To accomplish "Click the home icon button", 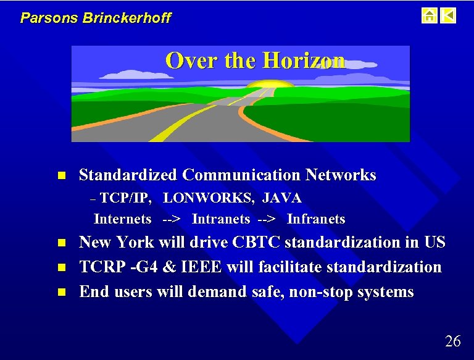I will point(429,15).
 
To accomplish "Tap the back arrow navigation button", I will point(449,15).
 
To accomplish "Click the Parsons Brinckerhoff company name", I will point(96,17).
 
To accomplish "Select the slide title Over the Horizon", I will point(255,61).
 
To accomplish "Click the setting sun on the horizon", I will point(272,85).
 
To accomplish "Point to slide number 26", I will point(452,341).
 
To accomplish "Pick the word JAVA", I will point(282,198).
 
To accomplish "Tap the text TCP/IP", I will point(126,198).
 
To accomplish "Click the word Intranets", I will point(221,219).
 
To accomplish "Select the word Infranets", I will point(316,219).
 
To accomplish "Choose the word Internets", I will point(122,219).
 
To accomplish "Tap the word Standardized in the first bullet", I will point(127,175).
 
